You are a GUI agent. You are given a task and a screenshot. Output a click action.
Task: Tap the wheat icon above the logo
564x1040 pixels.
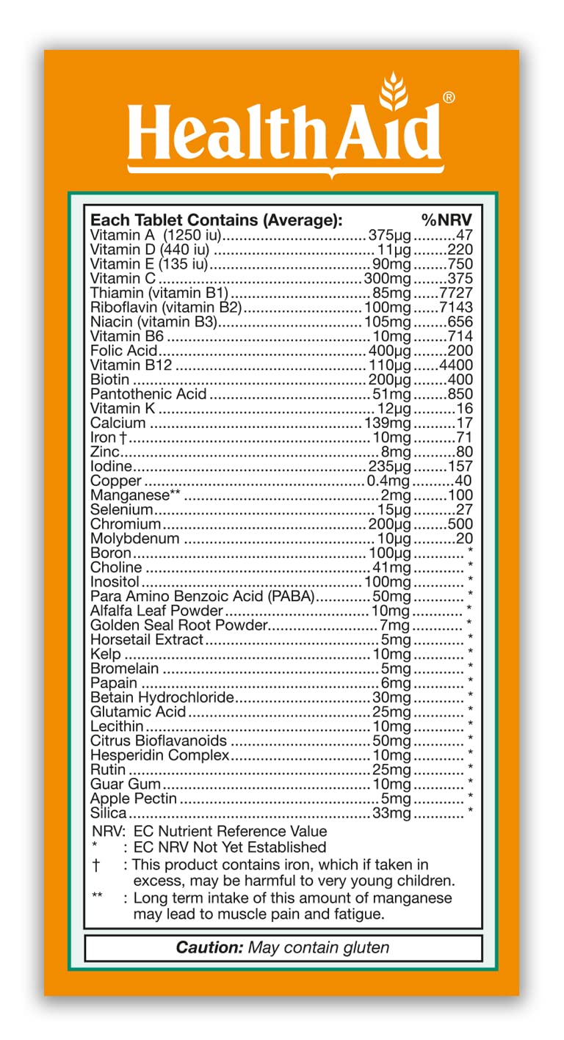[x=396, y=96]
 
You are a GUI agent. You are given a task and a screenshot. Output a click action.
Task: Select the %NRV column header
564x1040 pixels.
[x=446, y=220]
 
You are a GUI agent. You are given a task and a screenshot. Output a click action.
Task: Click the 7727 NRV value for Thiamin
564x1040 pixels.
[x=455, y=293]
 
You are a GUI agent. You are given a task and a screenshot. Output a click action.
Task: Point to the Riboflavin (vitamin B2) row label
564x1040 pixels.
[x=166, y=308]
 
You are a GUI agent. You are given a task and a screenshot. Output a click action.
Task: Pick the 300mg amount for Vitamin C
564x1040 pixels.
[x=388, y=278]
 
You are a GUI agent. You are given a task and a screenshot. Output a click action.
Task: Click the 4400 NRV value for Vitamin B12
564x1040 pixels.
[x=455, y=365]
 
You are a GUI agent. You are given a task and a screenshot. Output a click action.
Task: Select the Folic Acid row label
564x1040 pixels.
[x=123, y=350]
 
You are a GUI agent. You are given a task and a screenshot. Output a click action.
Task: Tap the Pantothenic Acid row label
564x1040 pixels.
[x=149, y=394]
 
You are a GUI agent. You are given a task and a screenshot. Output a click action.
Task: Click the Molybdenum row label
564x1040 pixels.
[x=134, y=539]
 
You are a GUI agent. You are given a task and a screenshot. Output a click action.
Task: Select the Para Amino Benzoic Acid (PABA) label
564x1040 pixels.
[x=202, y=596]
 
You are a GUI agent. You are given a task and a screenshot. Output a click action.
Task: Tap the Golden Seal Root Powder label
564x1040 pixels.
[x=178, y=625]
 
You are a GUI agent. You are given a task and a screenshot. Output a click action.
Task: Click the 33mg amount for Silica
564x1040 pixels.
[x=391, y=812]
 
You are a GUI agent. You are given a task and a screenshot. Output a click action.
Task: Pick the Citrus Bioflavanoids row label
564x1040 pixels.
[x=159, y=741]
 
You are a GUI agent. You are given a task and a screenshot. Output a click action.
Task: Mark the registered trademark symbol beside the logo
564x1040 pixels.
[x=449, y=98]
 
